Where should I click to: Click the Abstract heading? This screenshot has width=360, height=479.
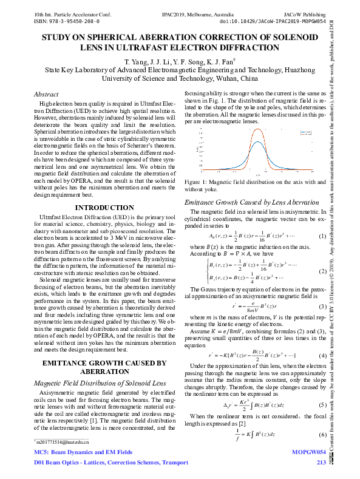46,95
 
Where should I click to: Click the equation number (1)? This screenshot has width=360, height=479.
322,236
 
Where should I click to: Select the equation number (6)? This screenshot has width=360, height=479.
322,435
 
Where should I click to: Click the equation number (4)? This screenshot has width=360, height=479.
322,355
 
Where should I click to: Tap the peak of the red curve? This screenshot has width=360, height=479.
256,129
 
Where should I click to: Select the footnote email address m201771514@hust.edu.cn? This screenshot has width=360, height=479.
63,443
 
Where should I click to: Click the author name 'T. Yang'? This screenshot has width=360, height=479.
137,62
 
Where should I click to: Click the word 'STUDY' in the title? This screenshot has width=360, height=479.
58,38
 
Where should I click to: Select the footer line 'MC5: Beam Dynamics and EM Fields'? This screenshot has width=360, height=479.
83,453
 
